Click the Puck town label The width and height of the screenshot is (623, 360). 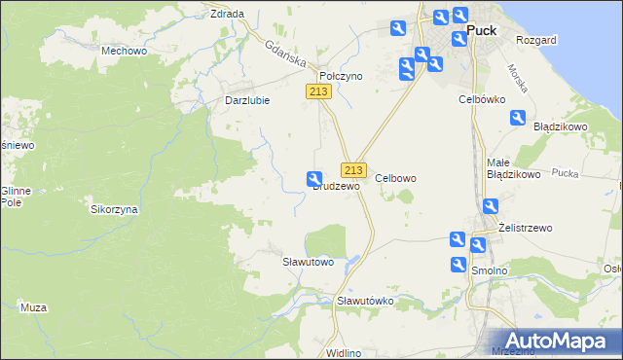point(482,30)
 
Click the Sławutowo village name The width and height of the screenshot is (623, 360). point(308,262)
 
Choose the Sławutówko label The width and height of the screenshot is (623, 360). point(364,301)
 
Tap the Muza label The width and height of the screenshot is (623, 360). point(33,307)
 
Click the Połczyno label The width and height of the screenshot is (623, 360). point(341,75)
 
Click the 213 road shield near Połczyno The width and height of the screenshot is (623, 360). point(318,90)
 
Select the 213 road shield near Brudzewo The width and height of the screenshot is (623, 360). point(353,168)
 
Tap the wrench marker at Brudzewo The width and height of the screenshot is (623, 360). point(314,179)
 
